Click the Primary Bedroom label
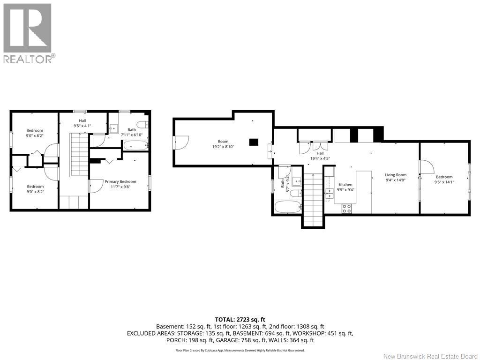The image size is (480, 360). tap(120, 181)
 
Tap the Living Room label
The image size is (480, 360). tap(396, 175)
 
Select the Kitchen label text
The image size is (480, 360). tap(345, 185)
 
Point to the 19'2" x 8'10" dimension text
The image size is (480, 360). tap(223, 147)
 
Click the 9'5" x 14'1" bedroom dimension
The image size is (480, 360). tap(444, 182)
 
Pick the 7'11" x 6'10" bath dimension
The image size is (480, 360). tap(132, 135)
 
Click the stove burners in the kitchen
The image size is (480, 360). tap(347, 209)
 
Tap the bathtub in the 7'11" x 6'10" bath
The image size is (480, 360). tap(135, 145)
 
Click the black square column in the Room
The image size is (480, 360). tap(254, 142)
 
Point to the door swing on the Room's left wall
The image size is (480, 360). tap(182, 142)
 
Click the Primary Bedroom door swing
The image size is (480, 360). tap(97, 186)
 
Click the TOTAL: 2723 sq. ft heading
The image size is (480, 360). tap(240, 320)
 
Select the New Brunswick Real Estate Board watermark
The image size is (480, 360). tap(430, 356)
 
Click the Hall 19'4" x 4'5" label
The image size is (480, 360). tap(320, 156)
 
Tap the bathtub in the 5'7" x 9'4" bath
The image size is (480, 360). tap(288, 207)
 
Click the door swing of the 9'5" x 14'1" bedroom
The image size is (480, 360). tap(427, 167)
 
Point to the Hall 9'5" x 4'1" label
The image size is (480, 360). tap(82, 123)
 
